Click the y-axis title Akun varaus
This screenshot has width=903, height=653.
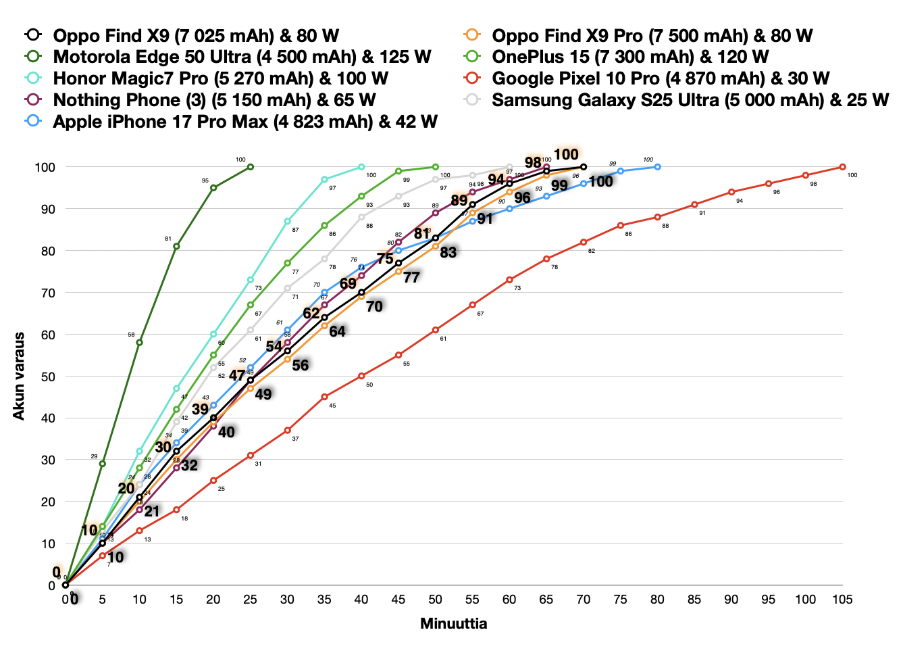pos(19,376)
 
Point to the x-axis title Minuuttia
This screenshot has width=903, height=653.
pos(453,623)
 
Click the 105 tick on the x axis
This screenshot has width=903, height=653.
pos(842,600)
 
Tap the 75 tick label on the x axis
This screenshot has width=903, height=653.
pos(620,600)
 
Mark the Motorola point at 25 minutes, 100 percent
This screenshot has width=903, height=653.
pos(251,167)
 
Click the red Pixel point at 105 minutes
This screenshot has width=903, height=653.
pos(842,167)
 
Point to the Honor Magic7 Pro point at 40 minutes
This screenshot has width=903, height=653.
pos(361,167)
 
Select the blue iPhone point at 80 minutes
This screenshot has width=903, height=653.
pos(657,167)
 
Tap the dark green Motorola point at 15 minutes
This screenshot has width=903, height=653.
pos(176,247)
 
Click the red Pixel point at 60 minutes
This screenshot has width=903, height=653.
pos(509,280)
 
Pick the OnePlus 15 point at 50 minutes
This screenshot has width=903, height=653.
pos(436,167)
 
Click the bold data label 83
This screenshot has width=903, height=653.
pos(448,253)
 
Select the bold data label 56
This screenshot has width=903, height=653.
pos(300,366)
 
